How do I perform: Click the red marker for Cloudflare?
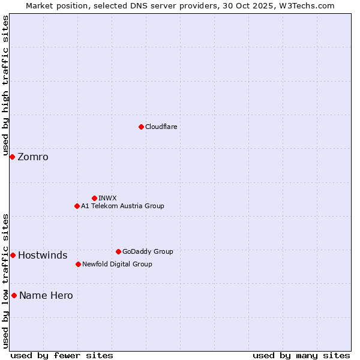coord(141,127)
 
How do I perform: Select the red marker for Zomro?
coord(12,157)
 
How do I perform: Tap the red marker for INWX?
coord(94,198)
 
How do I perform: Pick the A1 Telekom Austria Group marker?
coord(77,206)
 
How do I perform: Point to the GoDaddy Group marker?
coord(118,251)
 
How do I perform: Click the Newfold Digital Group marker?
coord(78,264)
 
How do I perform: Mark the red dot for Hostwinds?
coord(13,255)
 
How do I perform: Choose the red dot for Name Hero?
coord(14,295)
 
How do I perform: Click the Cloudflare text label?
coord(161,127)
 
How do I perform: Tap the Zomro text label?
coord(33,157)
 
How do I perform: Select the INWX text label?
coord(108,198)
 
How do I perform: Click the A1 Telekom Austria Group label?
coord(122,206)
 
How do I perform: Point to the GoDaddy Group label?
coord(148,251)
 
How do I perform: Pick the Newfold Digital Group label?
coord(117,264)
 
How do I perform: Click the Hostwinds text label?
coord(43,256)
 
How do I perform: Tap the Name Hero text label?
coord(46,296)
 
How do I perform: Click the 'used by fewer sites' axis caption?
coord(62,355)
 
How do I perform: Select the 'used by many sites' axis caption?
coord(301,355)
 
